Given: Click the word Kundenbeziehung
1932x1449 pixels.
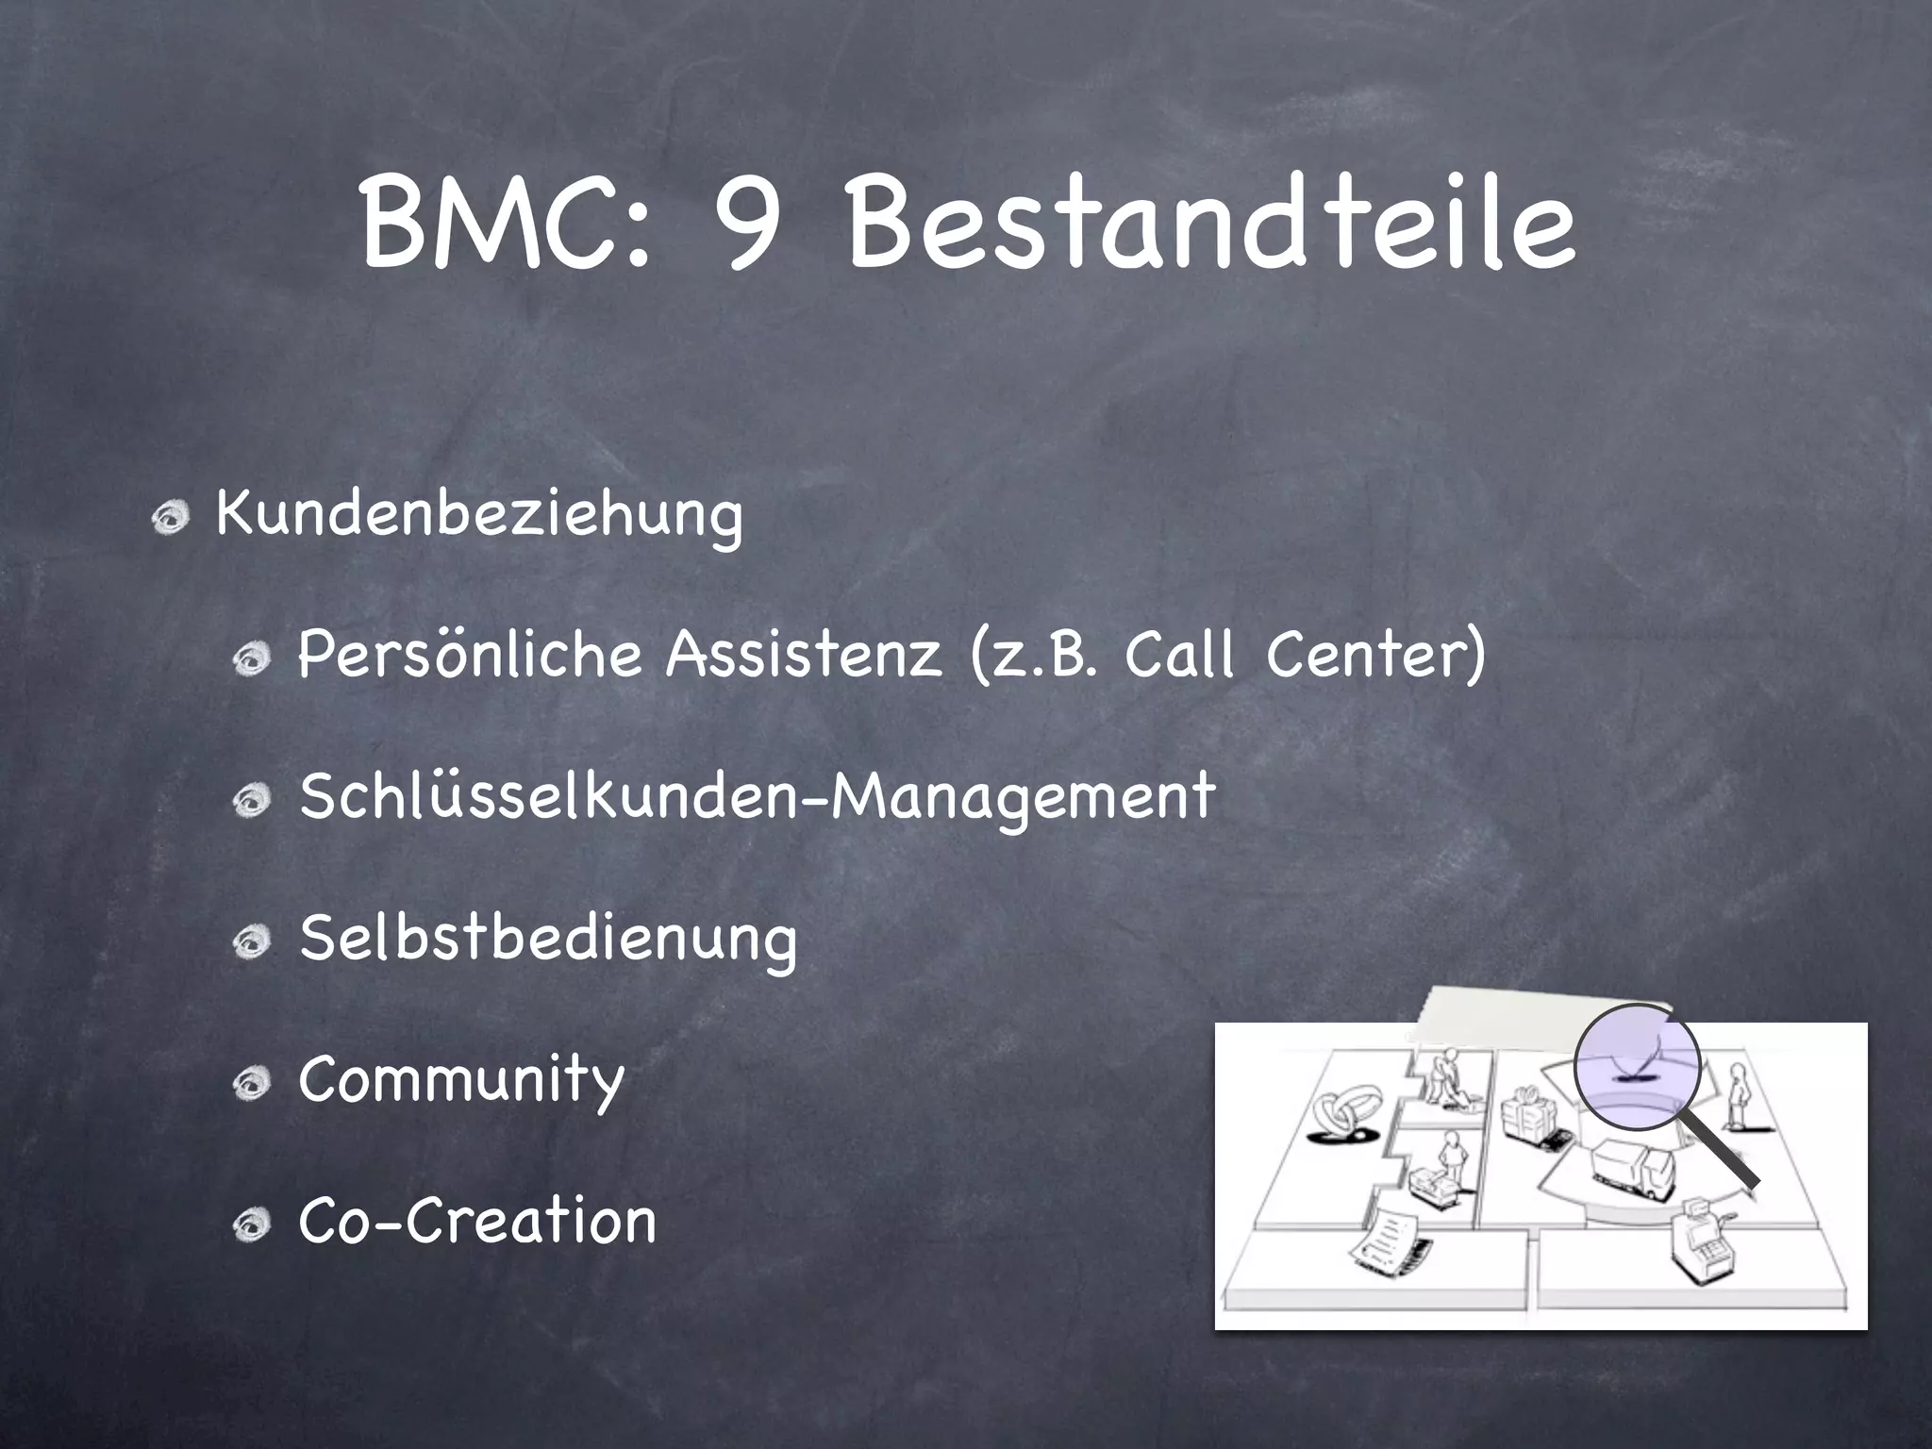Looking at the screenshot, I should point(479,516).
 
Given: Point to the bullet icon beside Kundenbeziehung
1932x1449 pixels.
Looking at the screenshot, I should point(173,517).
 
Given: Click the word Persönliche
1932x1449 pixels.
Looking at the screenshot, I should point(470,654).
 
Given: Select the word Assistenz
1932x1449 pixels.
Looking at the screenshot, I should point(804,654).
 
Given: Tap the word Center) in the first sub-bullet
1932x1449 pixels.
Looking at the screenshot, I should point(1375,654).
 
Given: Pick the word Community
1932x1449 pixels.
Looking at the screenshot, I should point(461,1080).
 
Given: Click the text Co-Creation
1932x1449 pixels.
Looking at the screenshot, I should point(477,1222).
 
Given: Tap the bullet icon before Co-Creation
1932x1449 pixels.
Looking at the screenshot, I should point(253,1224).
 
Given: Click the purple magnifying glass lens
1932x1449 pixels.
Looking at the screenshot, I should point(1638,1067).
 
